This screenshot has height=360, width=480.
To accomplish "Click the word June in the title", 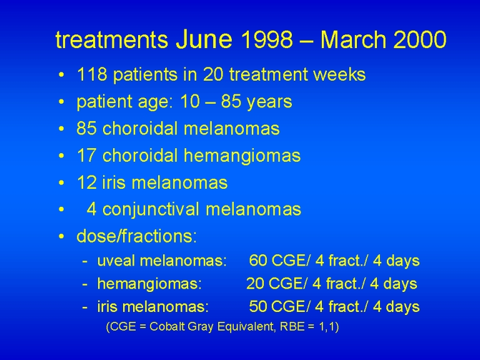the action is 204,39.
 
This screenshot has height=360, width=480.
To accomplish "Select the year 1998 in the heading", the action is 266,39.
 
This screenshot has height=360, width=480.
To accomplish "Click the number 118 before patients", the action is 92,74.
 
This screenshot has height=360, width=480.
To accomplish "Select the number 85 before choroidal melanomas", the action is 87,128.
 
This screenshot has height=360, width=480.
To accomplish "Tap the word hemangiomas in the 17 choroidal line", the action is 242,156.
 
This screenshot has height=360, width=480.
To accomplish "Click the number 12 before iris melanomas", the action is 87,182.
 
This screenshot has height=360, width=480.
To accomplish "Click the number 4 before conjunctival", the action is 91,209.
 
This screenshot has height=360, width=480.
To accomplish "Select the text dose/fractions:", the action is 136,236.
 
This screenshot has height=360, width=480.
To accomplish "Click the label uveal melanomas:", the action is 162,261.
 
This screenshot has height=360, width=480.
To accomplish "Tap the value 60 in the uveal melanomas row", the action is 258,261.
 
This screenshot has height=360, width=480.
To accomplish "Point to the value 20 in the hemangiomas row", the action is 255,284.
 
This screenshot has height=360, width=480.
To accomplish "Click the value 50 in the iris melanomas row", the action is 258,307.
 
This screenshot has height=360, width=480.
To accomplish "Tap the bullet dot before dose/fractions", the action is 61,236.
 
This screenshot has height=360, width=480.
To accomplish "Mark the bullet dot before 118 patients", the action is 61,75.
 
